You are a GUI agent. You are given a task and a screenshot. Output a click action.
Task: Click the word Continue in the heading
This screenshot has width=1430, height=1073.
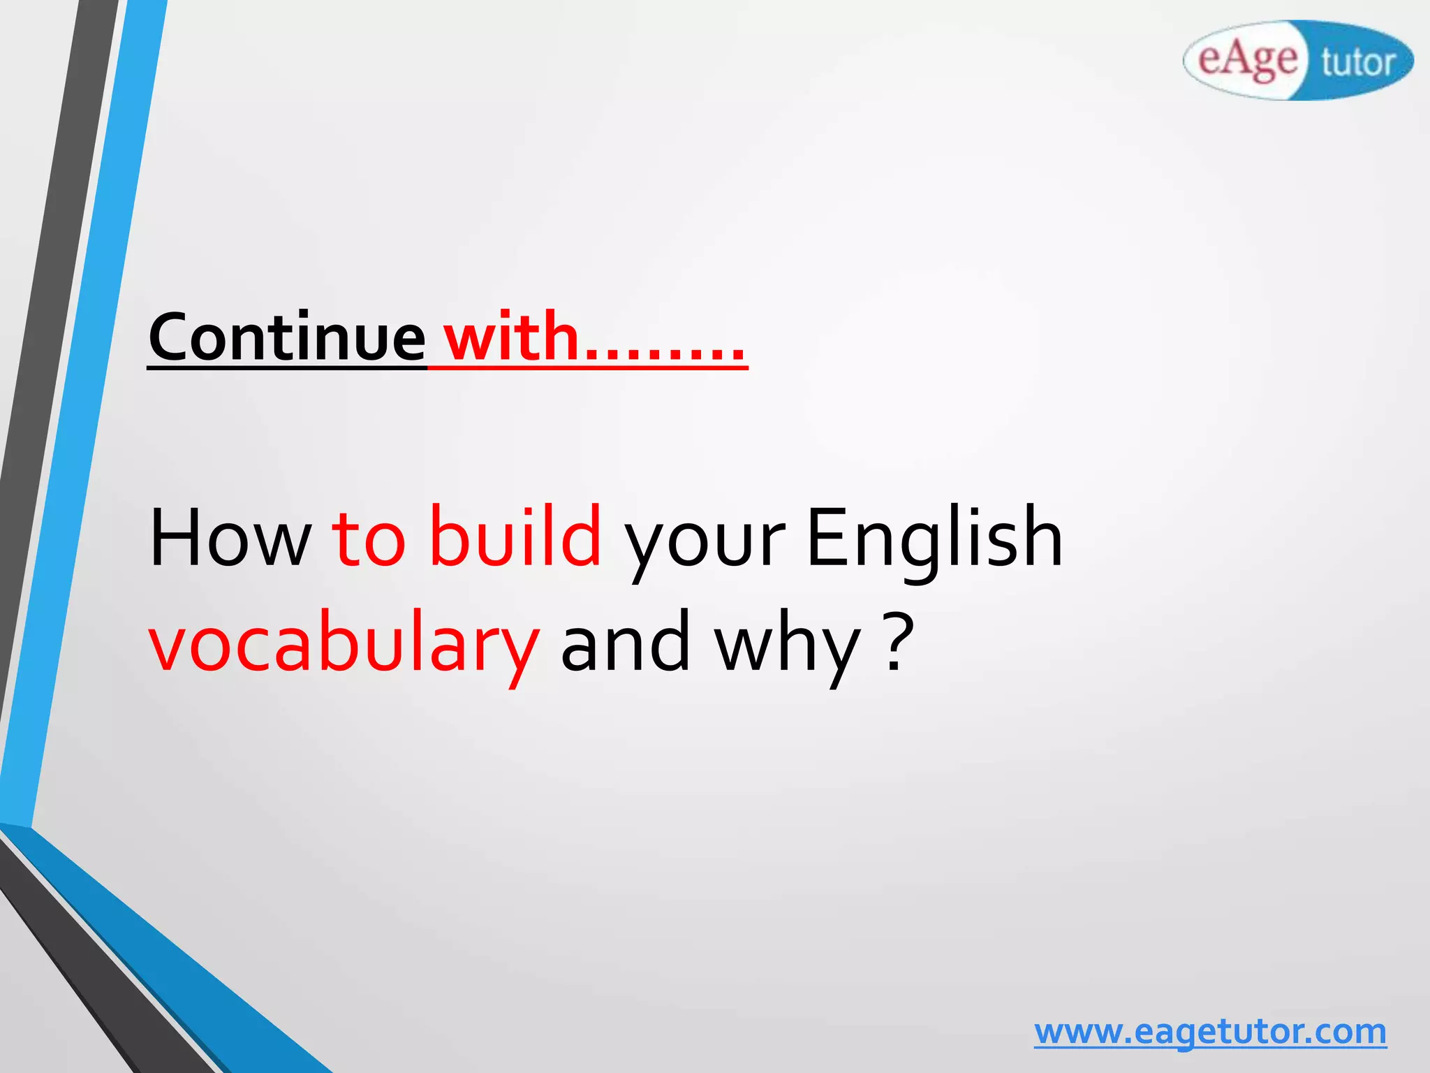pos(286,337)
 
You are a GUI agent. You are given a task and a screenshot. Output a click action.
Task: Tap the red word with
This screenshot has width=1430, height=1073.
pos(512,337)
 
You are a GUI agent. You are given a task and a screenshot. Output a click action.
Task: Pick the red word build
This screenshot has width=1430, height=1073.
pos(515,536)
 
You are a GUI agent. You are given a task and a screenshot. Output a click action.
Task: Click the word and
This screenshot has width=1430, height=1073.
pos(626,641)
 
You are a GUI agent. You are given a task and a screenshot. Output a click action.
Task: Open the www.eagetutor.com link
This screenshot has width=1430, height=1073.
pos(1210,1032)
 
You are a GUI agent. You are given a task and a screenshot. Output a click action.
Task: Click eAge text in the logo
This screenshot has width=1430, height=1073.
pos(1247,60)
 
